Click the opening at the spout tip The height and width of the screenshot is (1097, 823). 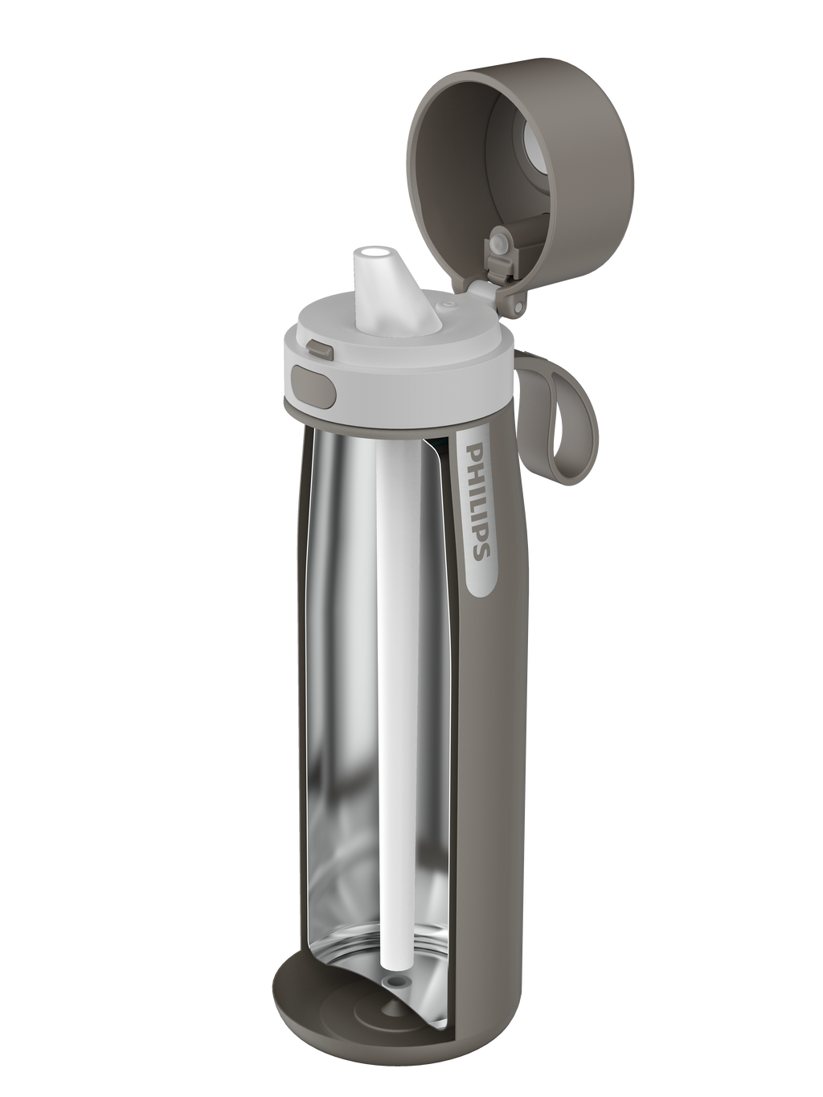372,252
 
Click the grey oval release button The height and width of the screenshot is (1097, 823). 313,384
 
